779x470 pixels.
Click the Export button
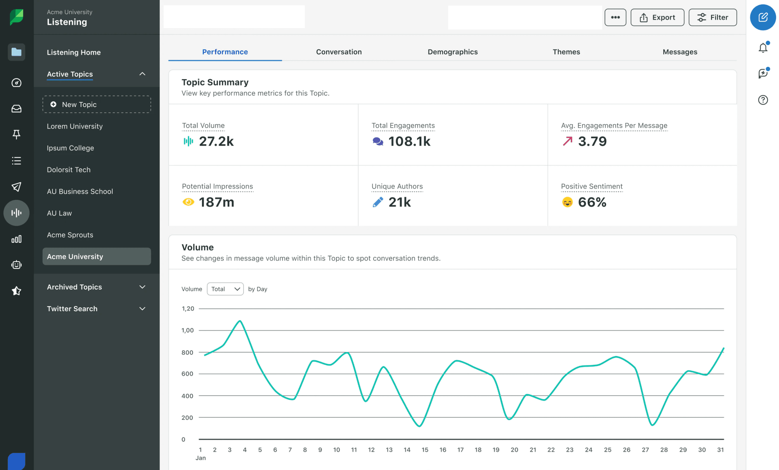point(657,18)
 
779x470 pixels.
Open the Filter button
point(713,18)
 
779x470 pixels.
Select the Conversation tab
point(339,52)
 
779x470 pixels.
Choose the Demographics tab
point(452,52)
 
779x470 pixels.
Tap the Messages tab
point(680,52)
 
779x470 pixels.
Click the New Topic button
point(96,104)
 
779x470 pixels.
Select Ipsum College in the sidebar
point(70,148)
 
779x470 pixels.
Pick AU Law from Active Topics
point(59,213)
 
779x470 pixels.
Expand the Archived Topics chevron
point(142,287)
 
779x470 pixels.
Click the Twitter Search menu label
point(72,309)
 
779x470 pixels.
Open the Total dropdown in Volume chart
point(225,289)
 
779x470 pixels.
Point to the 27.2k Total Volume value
point(216,141)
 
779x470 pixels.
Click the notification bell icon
point(763,48)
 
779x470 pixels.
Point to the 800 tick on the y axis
point(187,352)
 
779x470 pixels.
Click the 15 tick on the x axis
point(425,450)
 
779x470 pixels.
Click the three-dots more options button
point(615,18)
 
